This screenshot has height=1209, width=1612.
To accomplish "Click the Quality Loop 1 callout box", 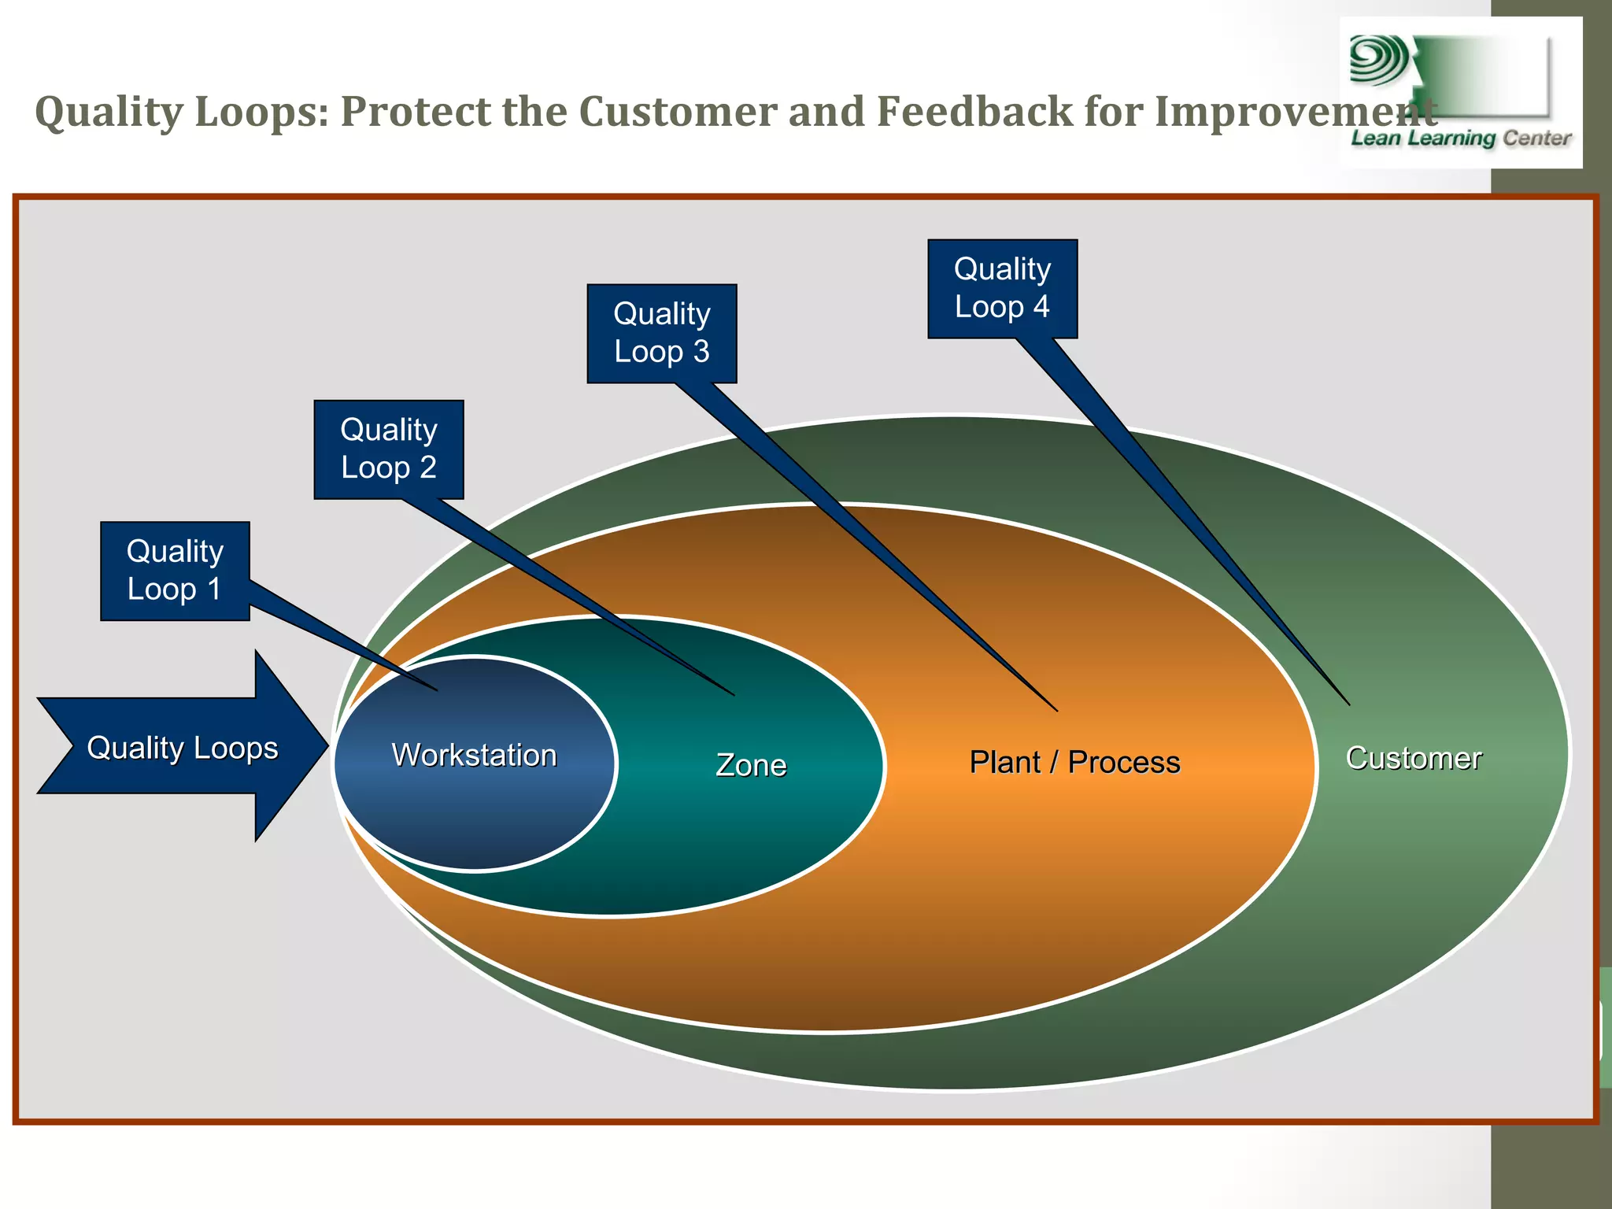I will (x=175, y=571).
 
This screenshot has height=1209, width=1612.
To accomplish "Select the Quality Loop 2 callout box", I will (x=389, y=449).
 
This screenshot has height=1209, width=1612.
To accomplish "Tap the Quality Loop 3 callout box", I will (x=662, y=334).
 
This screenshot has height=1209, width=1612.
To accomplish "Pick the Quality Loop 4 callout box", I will (x=1002, y=289).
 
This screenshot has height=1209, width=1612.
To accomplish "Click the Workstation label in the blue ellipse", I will (x=475, y=756).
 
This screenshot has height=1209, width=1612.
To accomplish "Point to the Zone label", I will (x=751, y=765).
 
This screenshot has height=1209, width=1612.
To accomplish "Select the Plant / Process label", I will (x=1074, y=762).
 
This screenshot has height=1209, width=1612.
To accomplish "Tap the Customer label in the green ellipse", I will (x=1414, y=758).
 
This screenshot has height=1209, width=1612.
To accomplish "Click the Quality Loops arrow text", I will (x=183, y=748).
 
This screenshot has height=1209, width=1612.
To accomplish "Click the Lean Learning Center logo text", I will (x=1461, y=139).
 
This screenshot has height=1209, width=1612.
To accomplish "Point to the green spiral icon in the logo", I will (x=1378, y=61).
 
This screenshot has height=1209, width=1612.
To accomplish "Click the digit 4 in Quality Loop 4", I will (x=1041, y=306).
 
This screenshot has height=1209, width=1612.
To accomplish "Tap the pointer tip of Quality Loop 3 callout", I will (x=1056, y=710).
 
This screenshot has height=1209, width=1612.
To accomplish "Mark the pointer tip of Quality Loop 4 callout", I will (x=1348, y=703).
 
